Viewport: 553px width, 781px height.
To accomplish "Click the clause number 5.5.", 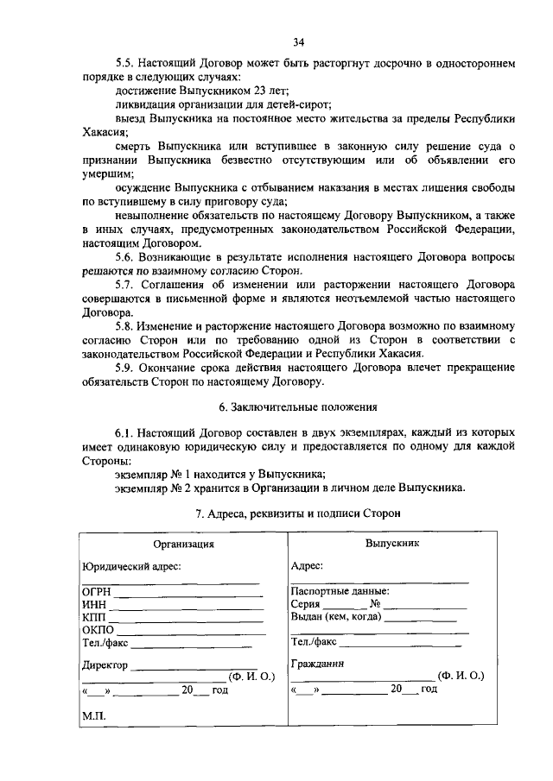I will pos(124,64).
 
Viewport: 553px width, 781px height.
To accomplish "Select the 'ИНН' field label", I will pos(93,605).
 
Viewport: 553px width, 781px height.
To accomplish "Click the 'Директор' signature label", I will pos(105,665).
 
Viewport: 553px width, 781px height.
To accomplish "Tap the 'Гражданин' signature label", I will pos(318,664).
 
